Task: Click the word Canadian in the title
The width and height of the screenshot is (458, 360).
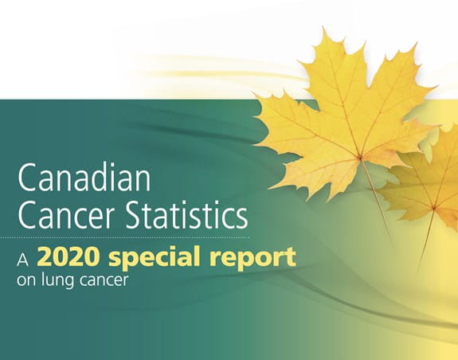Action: [x=84, y=177]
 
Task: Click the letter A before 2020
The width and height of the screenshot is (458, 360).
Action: [x=23, y=260]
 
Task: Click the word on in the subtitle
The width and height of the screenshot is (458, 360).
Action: [x=27, y=281]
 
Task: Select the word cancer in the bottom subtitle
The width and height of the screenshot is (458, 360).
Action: [x=102, y=281]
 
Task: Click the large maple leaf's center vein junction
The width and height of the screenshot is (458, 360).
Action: [x=361, y=158]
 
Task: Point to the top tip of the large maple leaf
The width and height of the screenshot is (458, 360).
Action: [x=323, y=27]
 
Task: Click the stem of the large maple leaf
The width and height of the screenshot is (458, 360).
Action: [x=377, y=202]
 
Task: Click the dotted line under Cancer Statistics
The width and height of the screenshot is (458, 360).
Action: [x=125, y=237]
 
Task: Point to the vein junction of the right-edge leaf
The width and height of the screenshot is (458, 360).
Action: [x=434, y=208]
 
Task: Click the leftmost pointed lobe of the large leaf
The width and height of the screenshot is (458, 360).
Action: [x=253, y=94]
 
